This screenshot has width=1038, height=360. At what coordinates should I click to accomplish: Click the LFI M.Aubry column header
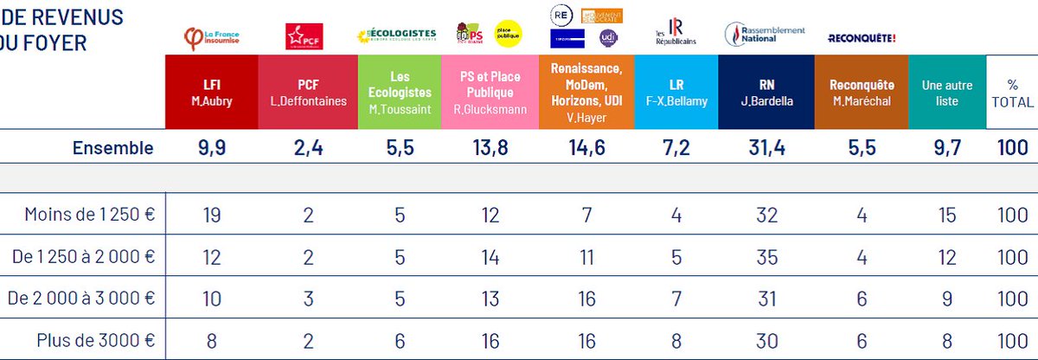tap(211, 93)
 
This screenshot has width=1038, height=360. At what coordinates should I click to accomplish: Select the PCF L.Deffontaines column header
tap(308, 93)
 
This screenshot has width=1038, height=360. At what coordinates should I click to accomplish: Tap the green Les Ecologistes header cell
tap(399, 93)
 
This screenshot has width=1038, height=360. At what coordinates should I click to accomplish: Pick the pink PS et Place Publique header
tap(489, 93)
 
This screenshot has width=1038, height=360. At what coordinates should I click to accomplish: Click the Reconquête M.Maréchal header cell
tap(861, 93)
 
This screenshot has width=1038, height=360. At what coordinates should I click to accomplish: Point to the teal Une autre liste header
tap(947, 93)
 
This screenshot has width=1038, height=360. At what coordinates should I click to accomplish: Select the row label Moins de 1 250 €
tap(90, 215)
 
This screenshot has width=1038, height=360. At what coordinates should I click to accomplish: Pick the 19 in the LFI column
tap(211, 215)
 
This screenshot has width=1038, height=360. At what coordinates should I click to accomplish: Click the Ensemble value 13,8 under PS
tap(489, 148)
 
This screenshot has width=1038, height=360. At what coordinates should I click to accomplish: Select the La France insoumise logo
tap(213, 36)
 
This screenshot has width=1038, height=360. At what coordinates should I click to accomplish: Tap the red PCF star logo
tap(304, 36)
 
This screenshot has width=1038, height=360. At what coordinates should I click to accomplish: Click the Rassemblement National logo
tap(764, 34)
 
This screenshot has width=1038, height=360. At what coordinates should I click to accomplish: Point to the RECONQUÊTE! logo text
tap(862, 38)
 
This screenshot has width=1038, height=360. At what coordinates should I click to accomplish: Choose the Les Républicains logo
tap(676, 32)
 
